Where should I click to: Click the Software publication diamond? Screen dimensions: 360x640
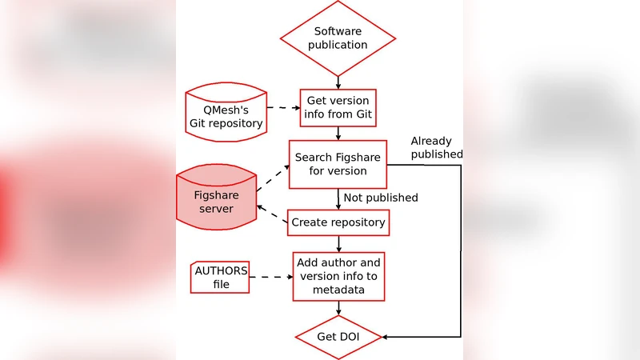click(338, 38)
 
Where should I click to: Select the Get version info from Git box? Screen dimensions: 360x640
click(338, 108)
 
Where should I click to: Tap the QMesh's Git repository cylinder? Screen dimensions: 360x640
click(225, 113)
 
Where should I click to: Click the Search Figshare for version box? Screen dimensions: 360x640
click(338, 164)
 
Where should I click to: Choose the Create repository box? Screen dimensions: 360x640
click(338, 222)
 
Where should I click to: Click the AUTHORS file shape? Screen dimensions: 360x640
click(220, 277)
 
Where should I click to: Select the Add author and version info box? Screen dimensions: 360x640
click(338, 276)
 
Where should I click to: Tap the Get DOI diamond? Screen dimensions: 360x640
click(338, 337)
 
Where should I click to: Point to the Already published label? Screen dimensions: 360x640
click(436, 147)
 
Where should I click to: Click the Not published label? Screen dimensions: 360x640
click(380, 198)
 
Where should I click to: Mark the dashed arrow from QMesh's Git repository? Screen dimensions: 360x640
click(282, 107)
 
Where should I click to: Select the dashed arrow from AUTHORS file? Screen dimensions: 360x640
click(271, 277)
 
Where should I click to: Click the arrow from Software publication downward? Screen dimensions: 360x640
click(338, 80)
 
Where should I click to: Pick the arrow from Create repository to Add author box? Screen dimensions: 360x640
click(338, 243)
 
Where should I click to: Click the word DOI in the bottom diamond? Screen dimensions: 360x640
click(348, 337)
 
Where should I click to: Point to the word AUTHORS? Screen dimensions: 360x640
click(220, 270)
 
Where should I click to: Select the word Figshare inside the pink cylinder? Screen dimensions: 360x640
click(215, 194)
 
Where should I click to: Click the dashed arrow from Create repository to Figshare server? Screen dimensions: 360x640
click(272, 214)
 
